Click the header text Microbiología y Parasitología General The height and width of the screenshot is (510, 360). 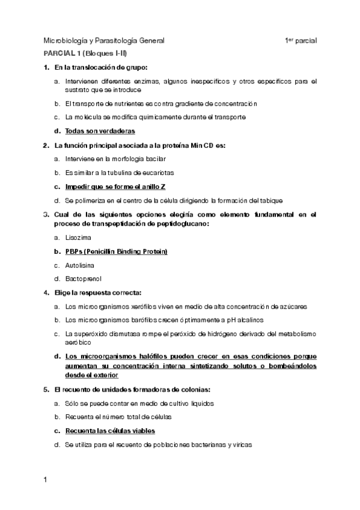click(103, 41)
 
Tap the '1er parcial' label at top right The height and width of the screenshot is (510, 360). click(301, 41)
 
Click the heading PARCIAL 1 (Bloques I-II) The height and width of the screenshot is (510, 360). click(84, 54)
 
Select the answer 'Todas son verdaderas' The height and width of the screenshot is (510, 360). click(100, 131)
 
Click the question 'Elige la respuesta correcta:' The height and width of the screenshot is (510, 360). click(97, 293)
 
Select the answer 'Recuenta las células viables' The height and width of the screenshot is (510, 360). click(110, 431)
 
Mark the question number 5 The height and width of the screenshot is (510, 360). click(46, 389)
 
